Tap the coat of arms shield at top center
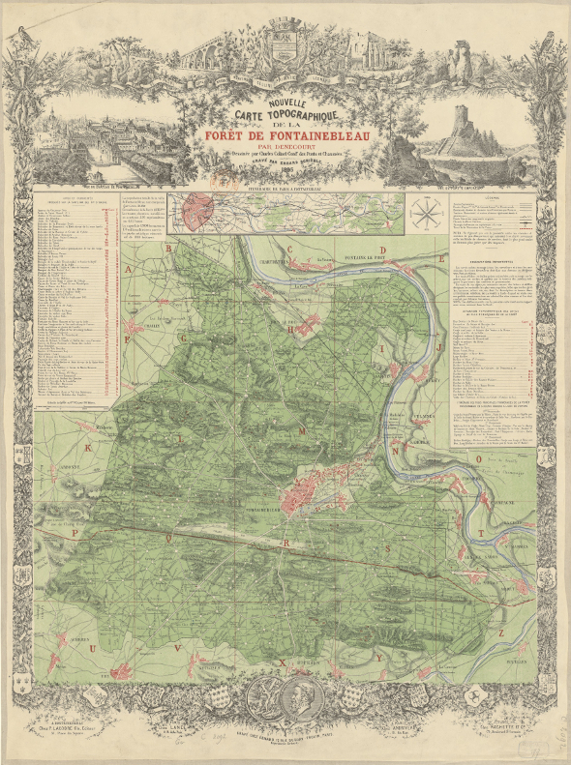pyautogui.click(x=285, y=45)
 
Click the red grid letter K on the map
pyautogui.click(x=88, y=448)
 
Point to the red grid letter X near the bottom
pyautogui.click(x=282, y=662)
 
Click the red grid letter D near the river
pyautogui.click(x=383, y=250)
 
